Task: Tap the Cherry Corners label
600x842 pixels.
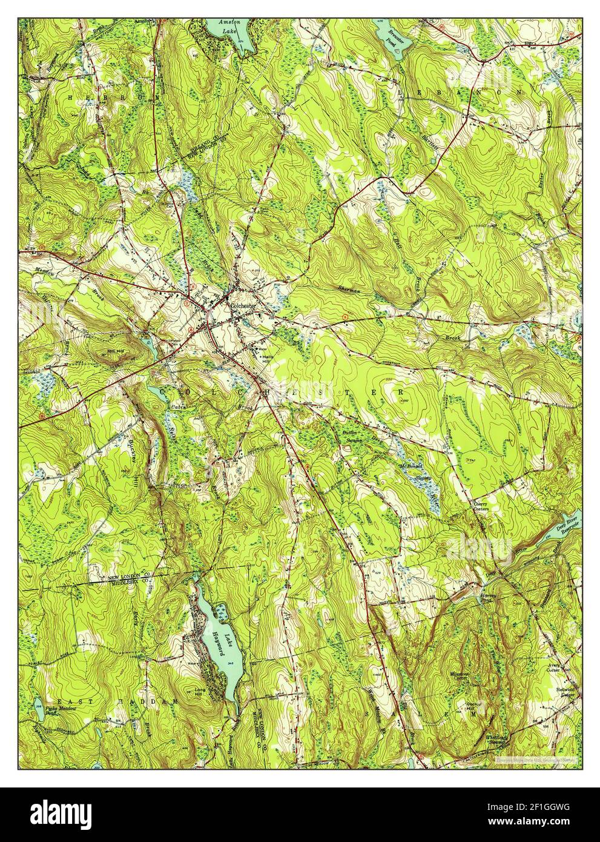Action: [x=481, y=505]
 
